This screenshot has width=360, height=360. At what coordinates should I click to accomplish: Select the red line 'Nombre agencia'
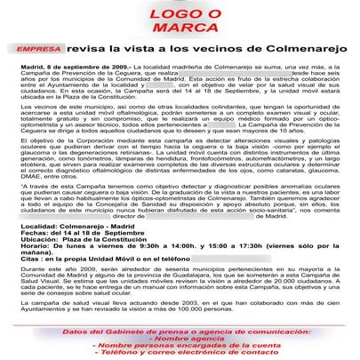click(183, 340)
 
